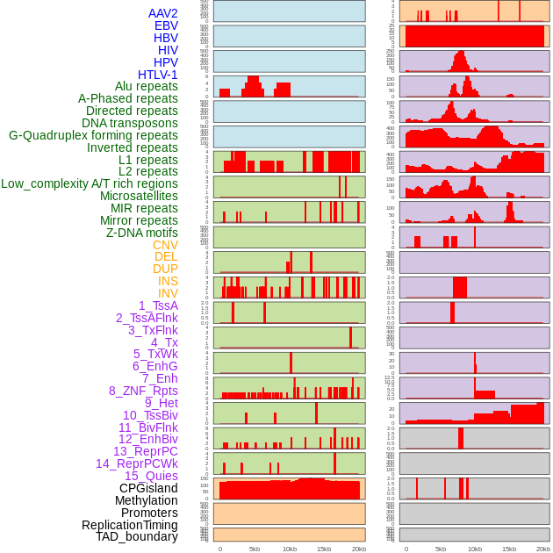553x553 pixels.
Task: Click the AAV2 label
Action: point(163,13)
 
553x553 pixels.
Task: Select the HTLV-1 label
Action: point(158,75)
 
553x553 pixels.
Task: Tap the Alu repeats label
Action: point(147,87)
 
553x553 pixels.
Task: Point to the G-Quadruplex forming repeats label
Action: point(93,135)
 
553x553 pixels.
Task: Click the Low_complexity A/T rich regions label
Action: point(90,183)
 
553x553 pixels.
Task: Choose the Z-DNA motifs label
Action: point(142,233)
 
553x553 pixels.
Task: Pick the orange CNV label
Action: point(165,245)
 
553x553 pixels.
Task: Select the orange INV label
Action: point(168,293)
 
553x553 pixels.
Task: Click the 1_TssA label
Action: point(158,305)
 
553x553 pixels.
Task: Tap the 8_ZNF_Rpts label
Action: point(143,391)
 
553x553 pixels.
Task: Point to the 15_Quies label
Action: point(151,476)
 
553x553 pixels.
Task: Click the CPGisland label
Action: point(148,488)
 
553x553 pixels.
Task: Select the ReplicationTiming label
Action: point(130,525)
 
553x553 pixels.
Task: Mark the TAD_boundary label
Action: point(137,536)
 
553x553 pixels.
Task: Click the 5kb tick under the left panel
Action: point(255,549)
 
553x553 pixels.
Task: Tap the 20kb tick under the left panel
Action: point(359,549)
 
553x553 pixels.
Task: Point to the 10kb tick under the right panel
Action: point(475,549)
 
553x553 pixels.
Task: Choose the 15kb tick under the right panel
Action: point(509,549)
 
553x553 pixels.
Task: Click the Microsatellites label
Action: point(139,196)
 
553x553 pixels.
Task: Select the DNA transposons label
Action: point(130,123)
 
